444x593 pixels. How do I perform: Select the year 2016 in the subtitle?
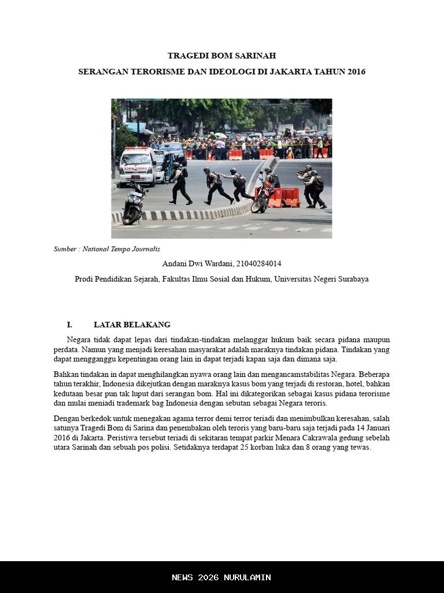tap(356, 72)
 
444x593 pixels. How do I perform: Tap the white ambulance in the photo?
tap(137, 165)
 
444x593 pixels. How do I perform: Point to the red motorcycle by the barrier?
tap(262, 196)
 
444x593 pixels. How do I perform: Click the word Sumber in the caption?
tap(65, 249)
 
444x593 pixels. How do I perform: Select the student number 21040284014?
tap(258, 263)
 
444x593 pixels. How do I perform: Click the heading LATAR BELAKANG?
tap(132, 325)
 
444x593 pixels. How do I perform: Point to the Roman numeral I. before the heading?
tap(69, 325)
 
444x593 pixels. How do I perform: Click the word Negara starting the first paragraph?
tap(79, 339)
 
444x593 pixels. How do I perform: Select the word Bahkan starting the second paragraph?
tap(65, 374)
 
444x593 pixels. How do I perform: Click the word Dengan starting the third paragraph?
tap(66, 418)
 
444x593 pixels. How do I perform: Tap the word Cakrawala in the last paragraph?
tap(320, 437)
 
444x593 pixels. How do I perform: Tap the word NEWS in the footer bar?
tap(183, 577)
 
